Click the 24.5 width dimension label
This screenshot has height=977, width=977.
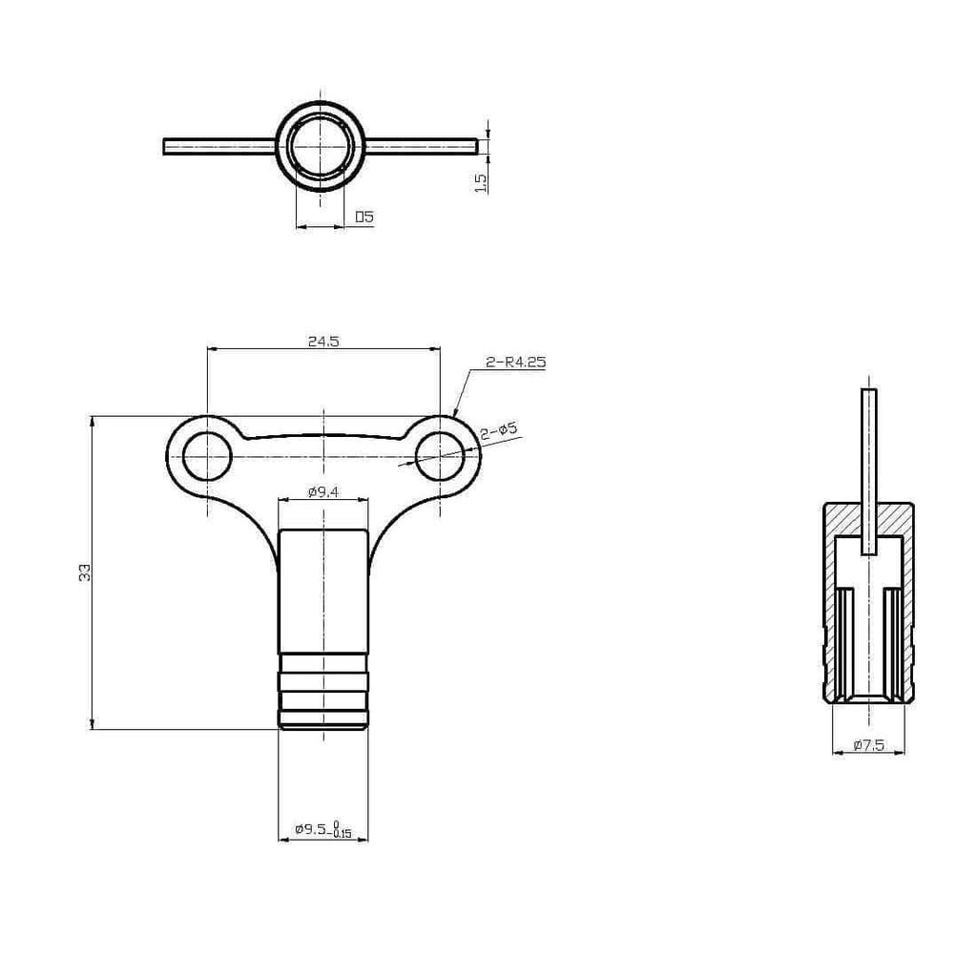(x=323, y=342)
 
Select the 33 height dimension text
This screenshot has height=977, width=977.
(x=85, y=572)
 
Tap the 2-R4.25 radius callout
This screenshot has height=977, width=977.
(x=516, y=362)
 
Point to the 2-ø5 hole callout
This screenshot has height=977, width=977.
(x=498, y=430)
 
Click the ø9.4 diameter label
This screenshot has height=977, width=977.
(x=323, y=492)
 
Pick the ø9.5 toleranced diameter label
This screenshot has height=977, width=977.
(x=323, y=829)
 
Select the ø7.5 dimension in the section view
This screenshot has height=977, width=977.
(x=868, y=745)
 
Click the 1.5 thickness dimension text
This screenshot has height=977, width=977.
(x=481, y=182)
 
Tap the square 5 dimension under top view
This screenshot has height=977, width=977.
(x=364, y=217)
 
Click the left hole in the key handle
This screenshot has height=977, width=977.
(x=207, y=456)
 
